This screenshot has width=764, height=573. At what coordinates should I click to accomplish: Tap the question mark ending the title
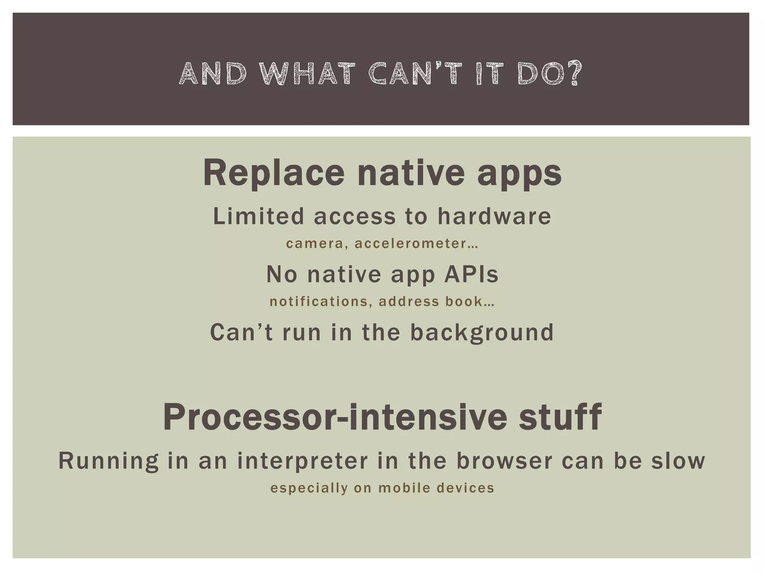click(574, 73)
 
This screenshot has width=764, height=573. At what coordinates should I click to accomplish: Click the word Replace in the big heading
click(273, 173)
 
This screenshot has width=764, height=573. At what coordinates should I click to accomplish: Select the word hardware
click(494, 216)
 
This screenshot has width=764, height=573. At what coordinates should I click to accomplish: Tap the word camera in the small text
click(314, 244)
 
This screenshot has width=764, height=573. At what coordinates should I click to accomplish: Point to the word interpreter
click(303, 461)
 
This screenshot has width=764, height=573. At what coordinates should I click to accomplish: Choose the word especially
click(309, 488)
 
